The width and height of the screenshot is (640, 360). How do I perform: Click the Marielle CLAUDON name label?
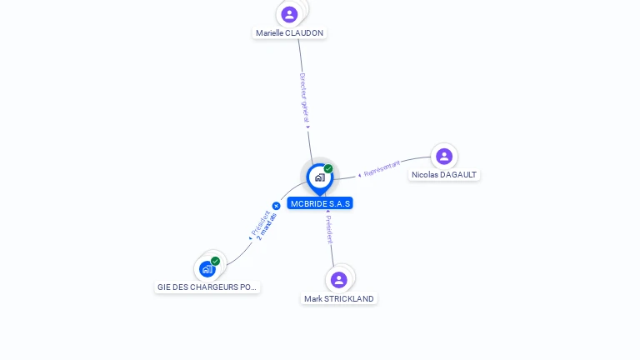coord(289,33)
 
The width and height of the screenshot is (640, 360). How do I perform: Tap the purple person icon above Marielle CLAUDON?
coord(289,14)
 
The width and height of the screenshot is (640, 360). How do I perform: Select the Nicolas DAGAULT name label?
coord(444,175)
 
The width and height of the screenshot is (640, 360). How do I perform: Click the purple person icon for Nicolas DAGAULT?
coord(444,156)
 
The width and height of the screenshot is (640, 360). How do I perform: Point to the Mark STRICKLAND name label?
coord(338,298)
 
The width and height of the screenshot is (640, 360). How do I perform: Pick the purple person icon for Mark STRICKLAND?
coord(338,279)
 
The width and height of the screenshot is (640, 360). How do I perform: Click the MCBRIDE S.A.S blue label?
coord(320,203)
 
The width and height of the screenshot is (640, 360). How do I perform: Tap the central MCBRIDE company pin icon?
coord(319,177)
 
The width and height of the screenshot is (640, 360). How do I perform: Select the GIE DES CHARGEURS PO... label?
coord(207,287)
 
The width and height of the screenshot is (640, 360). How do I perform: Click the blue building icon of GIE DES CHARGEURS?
coord(207,269)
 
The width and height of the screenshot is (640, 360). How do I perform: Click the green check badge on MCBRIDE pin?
coord(328,169)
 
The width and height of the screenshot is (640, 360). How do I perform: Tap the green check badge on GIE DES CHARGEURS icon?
coord(215,262)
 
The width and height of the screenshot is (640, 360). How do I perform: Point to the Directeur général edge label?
coord(305,98)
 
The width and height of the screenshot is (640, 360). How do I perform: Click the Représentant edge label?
coord(382,168)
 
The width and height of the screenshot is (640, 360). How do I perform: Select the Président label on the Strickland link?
coord(329,228)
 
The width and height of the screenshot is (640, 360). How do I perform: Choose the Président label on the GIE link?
coord(259,222)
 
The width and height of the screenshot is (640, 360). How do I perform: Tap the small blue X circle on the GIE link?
coord(276,206)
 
